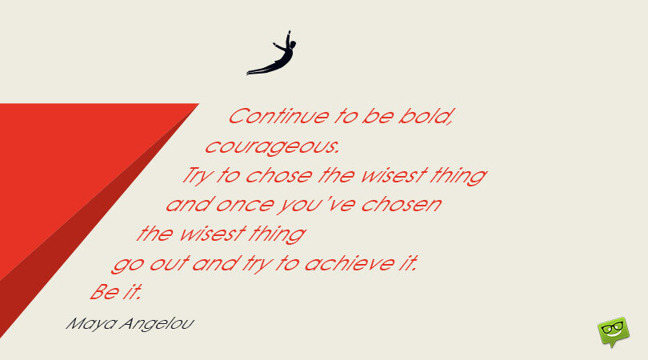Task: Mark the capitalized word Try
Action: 194,176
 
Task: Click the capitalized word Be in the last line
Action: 102,292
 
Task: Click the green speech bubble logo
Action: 612,332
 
